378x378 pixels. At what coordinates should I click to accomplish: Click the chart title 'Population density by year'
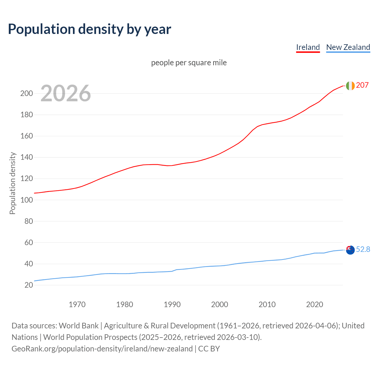tap(89, 29)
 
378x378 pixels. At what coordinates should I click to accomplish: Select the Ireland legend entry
tap(308, 47)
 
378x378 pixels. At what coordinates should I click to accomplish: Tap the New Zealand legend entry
tap(348, 47)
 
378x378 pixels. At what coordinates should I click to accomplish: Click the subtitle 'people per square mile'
tap(189, 63)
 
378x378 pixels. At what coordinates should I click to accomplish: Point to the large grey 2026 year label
tap(66, 93)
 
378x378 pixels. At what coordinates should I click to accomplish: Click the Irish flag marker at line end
tap(350, 86)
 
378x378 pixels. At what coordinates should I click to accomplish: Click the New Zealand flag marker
tap(350, 250)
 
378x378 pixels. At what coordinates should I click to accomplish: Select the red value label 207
tap(362, 85)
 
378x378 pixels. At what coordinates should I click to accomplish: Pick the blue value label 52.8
tap(363, 250)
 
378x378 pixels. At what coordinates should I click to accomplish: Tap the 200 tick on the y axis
tap(26, 94)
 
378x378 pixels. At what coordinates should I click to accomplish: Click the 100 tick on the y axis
tap(26, 200)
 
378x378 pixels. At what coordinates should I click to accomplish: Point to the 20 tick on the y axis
tap(29, 285)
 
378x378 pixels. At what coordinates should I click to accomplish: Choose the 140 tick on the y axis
tap(26, 157)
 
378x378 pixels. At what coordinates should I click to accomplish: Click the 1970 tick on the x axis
tap(77, 304)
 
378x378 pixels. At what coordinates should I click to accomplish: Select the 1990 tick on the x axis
tap(172, 304)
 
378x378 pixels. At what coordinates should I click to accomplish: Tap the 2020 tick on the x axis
tap(315, 304)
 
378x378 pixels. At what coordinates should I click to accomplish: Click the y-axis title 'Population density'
tap(12, 183)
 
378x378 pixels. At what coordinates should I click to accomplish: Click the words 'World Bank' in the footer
tap(79, 326)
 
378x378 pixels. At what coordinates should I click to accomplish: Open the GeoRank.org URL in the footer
tap(102, 349)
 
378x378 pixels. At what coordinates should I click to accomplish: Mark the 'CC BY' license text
tap(209, 349)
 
